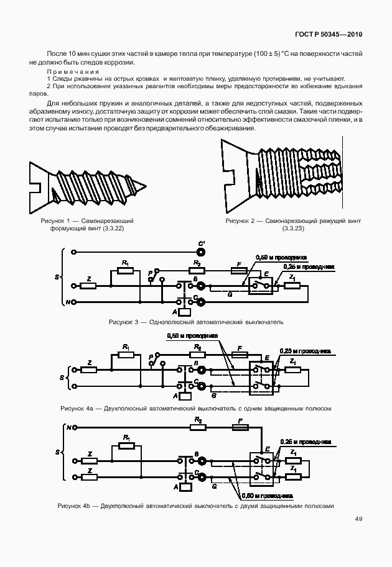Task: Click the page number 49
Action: tap(359, 519)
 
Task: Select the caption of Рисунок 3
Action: tap(195, 322)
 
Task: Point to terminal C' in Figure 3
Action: tap(200, 252)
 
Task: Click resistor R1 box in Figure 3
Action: tap(126, 271)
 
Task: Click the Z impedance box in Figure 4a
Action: tap(90, 370)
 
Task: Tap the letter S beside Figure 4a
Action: tap(61, 377)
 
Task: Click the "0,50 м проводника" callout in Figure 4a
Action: tap(192, 336)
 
